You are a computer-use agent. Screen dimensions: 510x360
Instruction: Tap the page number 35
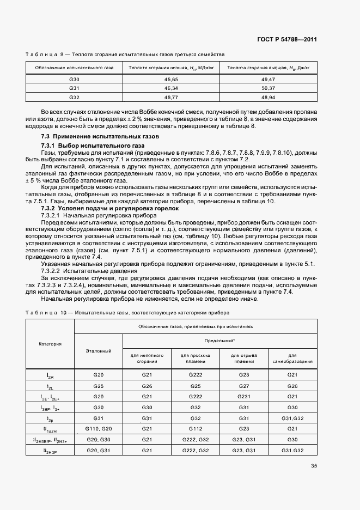(314, 465)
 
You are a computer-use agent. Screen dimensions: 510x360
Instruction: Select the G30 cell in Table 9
(74, 80)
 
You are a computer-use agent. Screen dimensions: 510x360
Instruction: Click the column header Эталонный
(99, 351)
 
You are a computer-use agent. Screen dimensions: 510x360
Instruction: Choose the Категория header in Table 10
(50, 344)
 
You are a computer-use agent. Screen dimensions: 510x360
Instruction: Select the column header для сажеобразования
(292, 358)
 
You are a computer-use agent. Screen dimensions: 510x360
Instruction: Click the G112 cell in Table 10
(195, 429)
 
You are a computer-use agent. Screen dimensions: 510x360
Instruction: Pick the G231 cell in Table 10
(243, 396)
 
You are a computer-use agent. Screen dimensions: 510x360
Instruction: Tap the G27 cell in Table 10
(243, 385)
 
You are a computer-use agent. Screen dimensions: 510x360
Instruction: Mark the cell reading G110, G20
(99, 429)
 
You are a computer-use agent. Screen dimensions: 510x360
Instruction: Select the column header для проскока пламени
(195, 358)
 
